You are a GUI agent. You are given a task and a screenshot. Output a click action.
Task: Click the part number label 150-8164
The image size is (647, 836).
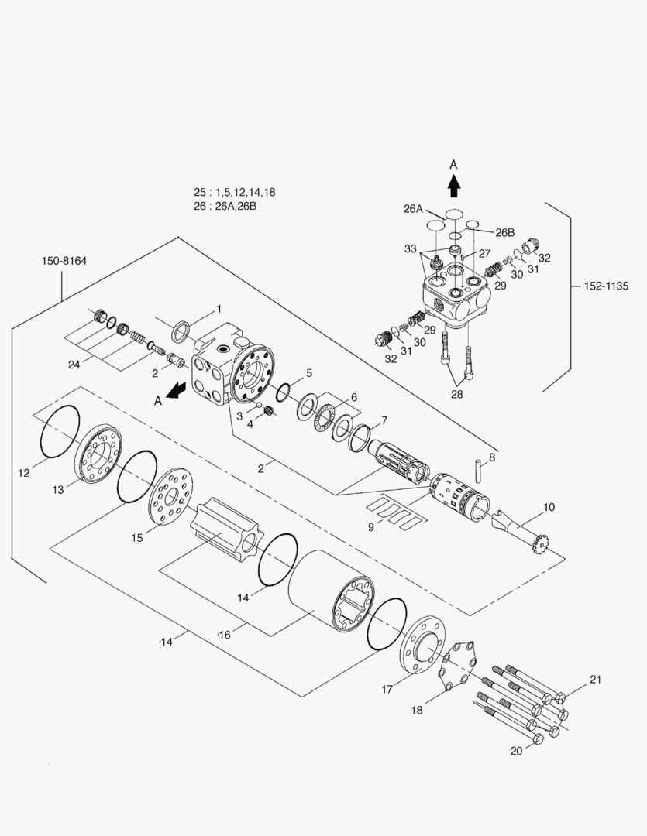pos(64,261)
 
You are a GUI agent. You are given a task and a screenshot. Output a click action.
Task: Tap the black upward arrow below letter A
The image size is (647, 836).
pos(454,186)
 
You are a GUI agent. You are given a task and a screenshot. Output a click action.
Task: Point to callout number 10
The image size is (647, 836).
pos(549,508)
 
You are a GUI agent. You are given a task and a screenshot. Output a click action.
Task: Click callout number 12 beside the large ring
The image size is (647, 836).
pos(25,471)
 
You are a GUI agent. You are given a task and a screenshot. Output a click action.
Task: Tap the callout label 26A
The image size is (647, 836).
pos(413,208)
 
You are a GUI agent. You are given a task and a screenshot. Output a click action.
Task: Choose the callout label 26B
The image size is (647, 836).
pos(505,232)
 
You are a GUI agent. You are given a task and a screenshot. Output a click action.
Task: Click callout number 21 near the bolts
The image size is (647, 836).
pos(595,680)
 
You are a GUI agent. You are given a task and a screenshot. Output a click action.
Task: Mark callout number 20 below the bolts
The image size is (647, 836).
pos(516,751)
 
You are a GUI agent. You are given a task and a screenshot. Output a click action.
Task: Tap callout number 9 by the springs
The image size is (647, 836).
pos(371,526)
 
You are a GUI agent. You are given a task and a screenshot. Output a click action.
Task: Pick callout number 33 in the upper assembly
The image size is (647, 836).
pos(411,248)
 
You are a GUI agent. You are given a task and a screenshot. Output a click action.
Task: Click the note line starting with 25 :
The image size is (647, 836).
pos(234,192)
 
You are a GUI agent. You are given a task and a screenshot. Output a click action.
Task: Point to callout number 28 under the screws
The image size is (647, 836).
pos(458,393)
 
